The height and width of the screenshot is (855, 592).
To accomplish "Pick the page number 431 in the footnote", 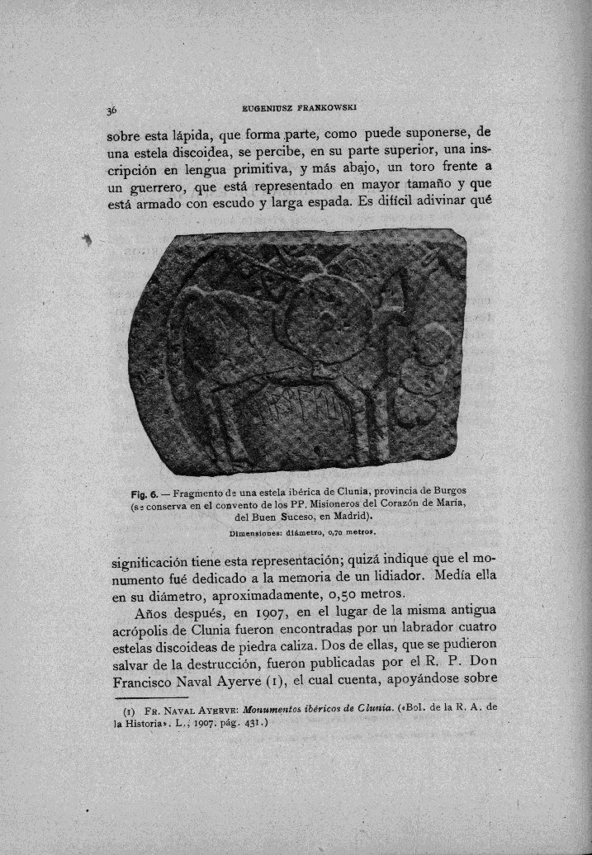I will click(x=252, y=724).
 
